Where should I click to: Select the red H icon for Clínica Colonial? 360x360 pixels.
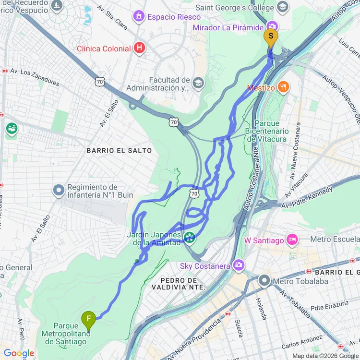[139, 48]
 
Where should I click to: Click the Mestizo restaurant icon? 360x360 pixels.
[284, 87]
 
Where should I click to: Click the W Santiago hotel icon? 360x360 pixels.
[292, 240]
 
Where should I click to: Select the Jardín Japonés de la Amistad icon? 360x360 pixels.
[190, 237]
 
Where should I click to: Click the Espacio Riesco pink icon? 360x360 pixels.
[139, 17]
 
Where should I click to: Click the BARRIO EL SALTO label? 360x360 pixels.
[119, 151]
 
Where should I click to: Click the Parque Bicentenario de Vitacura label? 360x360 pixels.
[267, 131]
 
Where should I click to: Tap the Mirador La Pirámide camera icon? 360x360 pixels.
[272, 27]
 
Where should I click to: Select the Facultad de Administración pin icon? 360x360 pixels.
[197, 84]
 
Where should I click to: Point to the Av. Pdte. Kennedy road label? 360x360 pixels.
[307, 197]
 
